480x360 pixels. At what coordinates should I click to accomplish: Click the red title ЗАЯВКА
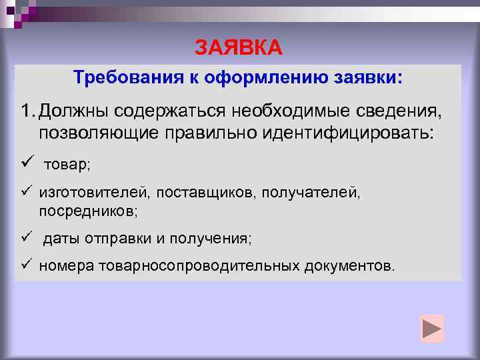point(239,48)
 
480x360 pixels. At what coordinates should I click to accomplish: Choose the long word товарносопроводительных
point(199,267)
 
